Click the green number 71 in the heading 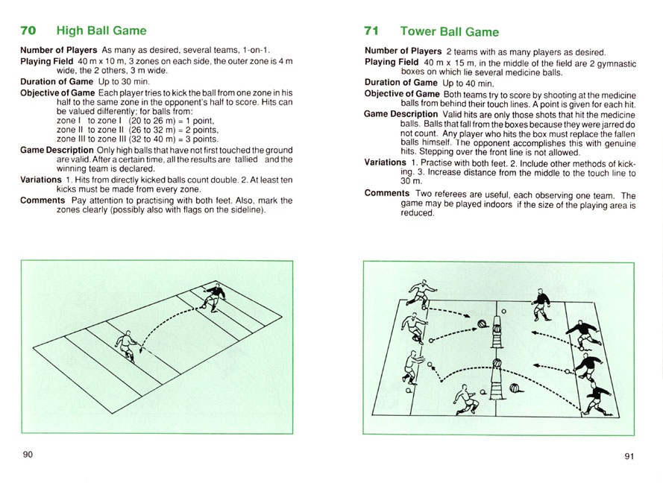click(x=372, y=31)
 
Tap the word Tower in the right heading click(x=418, y=31)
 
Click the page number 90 click(x=28, y=455)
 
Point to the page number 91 click(x=629, y=455)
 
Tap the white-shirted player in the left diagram click(x=126, y=345)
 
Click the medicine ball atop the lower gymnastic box click(x=497, y=362)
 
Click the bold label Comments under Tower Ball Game click(x=388, y=194)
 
